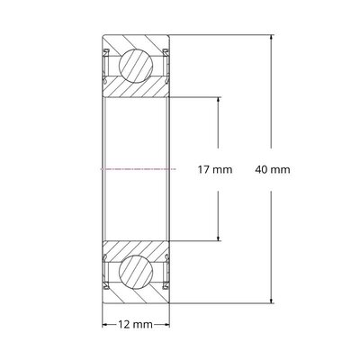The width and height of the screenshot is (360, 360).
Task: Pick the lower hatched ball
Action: coord(137,271)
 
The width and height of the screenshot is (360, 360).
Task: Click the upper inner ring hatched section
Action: coord(137,89)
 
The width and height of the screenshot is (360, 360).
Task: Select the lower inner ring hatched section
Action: coord(137,247)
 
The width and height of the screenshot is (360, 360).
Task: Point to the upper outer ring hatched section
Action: coord(137,42)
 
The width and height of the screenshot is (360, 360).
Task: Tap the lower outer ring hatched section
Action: coord(137,295)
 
